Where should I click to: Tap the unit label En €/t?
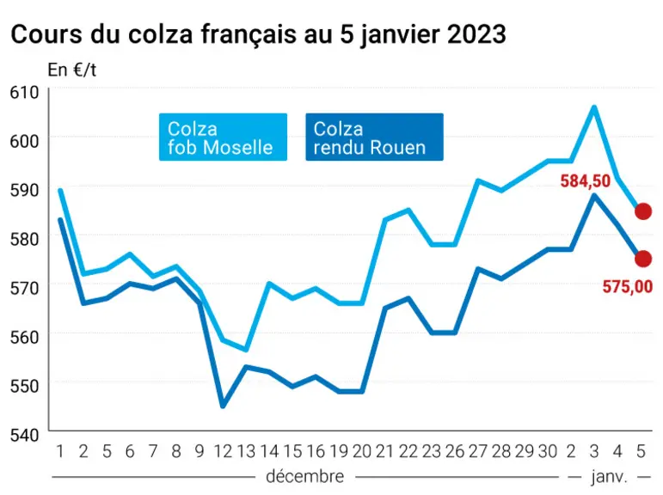(72, 70)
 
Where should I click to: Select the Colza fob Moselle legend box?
(223, 137)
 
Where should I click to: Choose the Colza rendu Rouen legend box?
(374, 137)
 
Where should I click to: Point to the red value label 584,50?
(586, 181)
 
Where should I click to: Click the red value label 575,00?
(628, 286)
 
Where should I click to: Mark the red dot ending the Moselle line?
(643, 211)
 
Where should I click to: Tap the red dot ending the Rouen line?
(643, 259)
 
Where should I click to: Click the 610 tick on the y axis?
(25, 92)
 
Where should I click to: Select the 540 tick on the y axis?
(25, 435)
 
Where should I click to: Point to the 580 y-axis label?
(25, 239)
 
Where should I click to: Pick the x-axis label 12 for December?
(223, 451)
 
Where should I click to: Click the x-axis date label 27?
(478, 451)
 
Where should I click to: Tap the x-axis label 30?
(548, 451)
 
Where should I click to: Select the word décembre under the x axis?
(305, 476)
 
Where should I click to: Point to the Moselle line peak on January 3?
(594, 107)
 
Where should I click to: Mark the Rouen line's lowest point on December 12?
(223, 406)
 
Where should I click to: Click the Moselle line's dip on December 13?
(246, 350)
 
